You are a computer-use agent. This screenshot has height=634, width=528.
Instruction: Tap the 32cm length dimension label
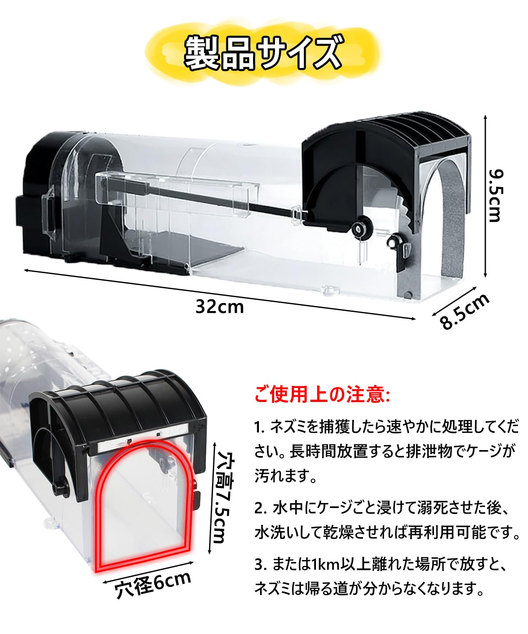click(220, 306)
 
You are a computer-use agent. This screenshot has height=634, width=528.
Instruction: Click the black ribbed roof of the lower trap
click(127, 402)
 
